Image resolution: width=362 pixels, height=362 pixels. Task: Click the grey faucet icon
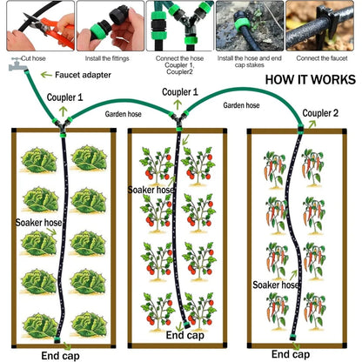[17, 64]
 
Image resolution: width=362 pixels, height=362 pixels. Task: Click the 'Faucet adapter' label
[83, 75]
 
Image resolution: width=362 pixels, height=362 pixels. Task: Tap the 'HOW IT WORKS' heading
[311, 79]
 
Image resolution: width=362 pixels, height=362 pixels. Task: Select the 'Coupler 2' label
[320, 113]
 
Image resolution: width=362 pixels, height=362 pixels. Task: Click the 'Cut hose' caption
[33, 58]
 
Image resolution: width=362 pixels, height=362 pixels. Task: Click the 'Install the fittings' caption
[107, 58]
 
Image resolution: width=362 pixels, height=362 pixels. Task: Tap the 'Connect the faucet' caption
[322, 58]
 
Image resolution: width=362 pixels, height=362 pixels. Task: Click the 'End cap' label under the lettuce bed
[60, 356]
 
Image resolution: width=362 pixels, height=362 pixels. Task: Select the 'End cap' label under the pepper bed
[291, 354]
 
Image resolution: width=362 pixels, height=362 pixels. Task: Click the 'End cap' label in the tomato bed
[185, 335]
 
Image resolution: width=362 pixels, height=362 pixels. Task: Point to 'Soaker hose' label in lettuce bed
[38, 223]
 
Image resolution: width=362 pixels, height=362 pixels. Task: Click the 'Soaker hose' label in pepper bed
[276, 285]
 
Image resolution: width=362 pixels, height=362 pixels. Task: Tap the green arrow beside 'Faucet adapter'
[46, 75]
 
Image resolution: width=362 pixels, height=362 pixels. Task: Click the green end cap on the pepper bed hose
[292, 338]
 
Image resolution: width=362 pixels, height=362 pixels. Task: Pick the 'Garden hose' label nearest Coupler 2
[241, 105]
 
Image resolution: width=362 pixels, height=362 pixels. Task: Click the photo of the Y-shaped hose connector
[180, 26]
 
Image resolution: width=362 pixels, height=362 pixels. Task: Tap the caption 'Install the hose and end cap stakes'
[250, 62]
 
